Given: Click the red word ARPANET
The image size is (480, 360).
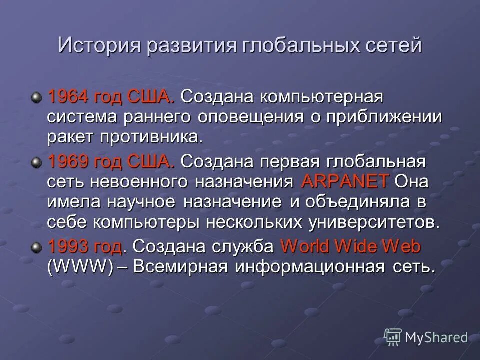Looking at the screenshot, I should click(x=345, y=181).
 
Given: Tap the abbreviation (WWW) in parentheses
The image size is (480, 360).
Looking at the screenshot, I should click(x=80, y=266).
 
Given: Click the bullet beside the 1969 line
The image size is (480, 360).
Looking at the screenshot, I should click(x=36, y=162).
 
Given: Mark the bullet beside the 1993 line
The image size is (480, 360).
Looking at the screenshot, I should click(x=36, y=247).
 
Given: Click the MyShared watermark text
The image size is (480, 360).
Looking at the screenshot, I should click(x=436, y=337).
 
